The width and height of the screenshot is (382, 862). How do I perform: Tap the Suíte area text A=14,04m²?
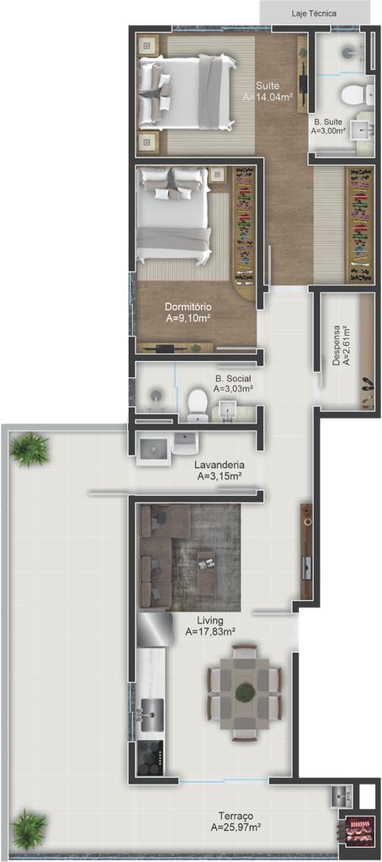point(268,97)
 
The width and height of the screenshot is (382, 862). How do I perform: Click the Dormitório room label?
point(189,306)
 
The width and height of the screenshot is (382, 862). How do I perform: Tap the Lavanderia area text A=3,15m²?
point(220,476)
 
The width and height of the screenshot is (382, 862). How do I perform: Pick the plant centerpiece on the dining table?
point(245,691)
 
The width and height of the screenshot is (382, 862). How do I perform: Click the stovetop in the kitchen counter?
point(150,758)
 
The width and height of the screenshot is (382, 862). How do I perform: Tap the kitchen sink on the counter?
point(151,715)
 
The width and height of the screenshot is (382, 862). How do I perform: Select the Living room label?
point(210,622)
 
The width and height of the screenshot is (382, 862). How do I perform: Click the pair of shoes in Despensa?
point(367,385)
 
